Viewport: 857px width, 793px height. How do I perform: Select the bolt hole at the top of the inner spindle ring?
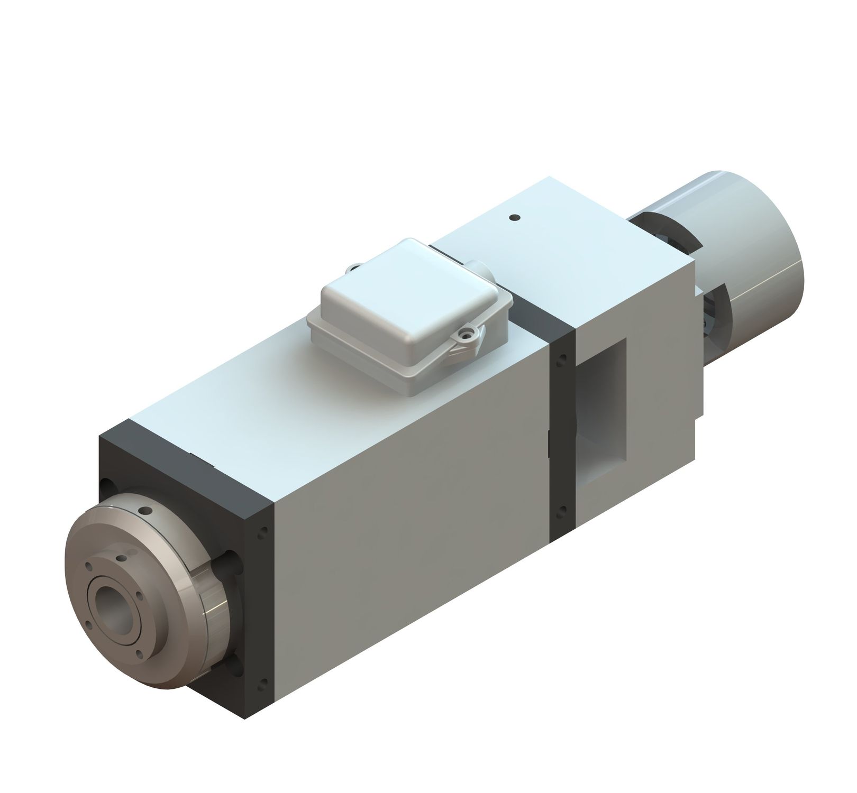tap(122, 558)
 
